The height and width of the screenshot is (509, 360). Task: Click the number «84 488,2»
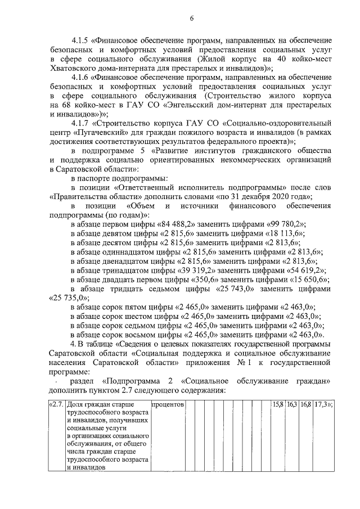(x=179, y=223)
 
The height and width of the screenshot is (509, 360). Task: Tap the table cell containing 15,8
(x=278, y=404)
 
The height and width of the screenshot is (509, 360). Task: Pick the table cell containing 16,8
(x=305, y=404)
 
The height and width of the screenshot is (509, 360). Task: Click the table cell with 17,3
(x=321, y=404)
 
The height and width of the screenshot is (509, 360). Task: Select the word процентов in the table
(x=168, y=404)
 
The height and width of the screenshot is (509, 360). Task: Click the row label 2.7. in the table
(x=57, y=404)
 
